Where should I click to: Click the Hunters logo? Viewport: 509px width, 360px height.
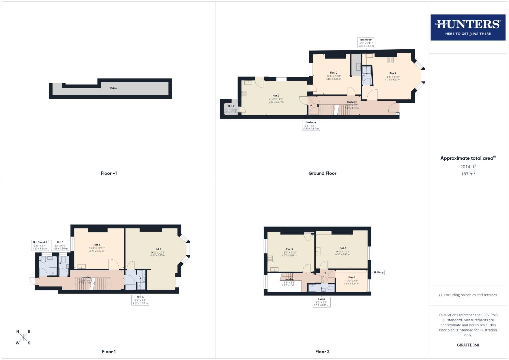point(468,27)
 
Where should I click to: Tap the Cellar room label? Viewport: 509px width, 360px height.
point(113,88)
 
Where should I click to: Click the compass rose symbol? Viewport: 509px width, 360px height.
point(23,337)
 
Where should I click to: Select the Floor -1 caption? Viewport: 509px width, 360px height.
point(109,173)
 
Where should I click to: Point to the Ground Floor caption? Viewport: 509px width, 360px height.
point(322,173)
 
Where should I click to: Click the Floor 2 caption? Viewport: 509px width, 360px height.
point(322,352)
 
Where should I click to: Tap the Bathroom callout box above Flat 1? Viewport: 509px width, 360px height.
point(366,43)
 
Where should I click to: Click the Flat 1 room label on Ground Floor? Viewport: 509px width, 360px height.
point(392,73)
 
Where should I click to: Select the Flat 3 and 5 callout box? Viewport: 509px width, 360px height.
point(40,245)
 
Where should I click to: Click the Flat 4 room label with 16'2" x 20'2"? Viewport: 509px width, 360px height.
point(158,249)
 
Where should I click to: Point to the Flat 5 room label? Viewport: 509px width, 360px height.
point(289,249)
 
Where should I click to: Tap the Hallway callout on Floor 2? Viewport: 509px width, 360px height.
point(379,272)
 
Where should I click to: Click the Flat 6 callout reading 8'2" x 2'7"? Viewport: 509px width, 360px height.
point(321,302)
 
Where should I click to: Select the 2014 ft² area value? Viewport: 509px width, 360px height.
point(468,167)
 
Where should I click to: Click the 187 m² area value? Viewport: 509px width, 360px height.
point(468,174)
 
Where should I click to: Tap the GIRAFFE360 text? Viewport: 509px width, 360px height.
point(468,345)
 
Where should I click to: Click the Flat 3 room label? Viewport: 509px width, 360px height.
point(97,245)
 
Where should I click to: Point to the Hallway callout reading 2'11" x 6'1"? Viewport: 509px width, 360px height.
point(311,125)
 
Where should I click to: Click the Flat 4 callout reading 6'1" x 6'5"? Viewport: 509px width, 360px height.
point(140,300)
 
